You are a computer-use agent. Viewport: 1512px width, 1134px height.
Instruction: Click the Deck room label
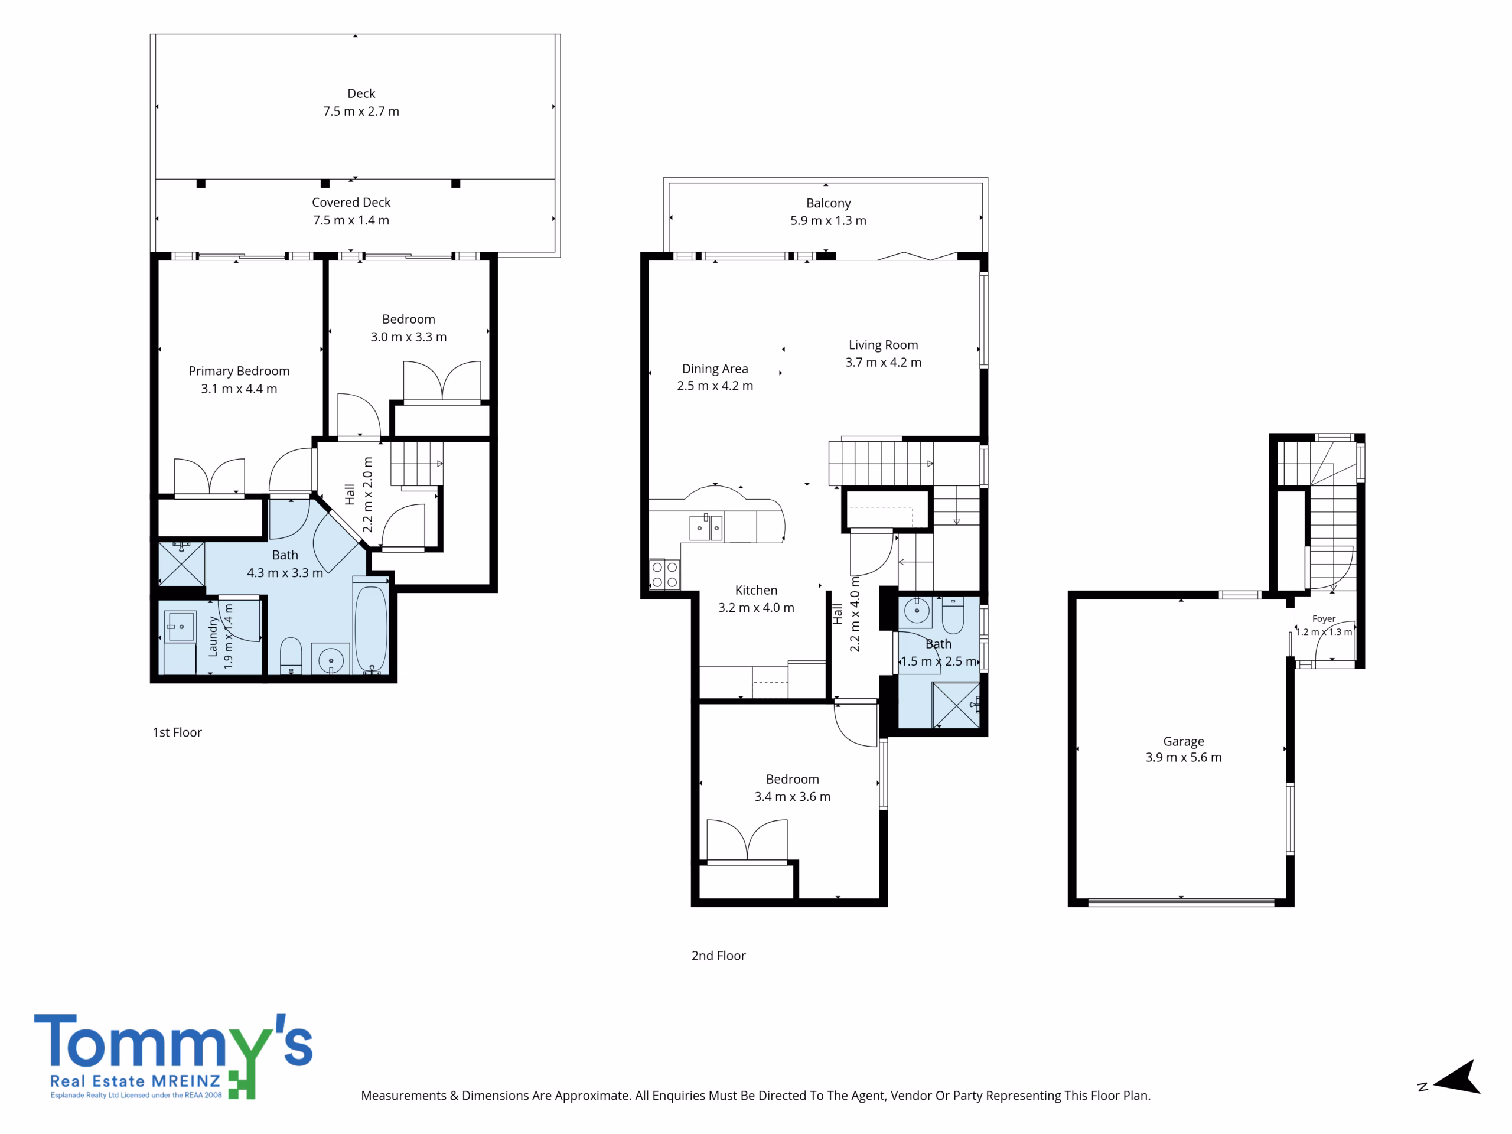(361, 94)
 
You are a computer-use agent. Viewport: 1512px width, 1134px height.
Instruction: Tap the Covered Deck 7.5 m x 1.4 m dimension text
(351, 220)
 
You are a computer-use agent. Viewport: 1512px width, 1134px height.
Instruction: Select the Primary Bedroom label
(239, 371)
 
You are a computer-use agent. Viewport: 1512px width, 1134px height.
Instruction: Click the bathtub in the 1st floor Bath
(370, 627)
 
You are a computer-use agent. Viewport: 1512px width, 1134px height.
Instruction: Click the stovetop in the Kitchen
(664, 574)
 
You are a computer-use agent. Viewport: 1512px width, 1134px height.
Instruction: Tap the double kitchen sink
(706, 527)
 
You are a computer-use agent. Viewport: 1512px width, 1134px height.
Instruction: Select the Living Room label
(883, 345)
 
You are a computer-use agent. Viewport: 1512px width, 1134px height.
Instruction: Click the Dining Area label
(715, 369)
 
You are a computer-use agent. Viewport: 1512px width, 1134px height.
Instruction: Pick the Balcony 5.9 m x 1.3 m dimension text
(829, 221)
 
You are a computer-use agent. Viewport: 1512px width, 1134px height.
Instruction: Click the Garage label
(1183, 742)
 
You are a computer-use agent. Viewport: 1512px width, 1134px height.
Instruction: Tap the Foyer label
(1324, 618)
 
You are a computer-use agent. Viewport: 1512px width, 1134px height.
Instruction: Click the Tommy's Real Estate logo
(174, 1057)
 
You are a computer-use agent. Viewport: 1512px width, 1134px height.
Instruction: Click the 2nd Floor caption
(718, 956)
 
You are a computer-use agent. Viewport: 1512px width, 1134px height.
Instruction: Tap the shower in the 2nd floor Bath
(956, 705)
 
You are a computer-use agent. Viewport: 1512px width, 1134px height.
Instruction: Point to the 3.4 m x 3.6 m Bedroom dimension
(792, 797)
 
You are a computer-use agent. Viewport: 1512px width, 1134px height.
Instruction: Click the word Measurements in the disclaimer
(403, 1096)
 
